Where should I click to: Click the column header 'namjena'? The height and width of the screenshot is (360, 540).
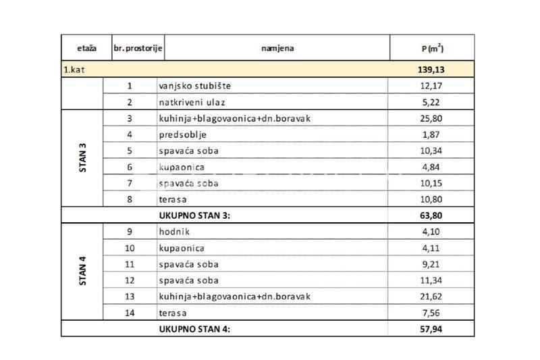(277, 48)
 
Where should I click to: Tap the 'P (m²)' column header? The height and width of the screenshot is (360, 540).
(431, 48)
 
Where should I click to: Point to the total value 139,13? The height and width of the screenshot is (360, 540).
(431, 70)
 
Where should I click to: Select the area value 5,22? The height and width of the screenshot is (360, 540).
(431, 102)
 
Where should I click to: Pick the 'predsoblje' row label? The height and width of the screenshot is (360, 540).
(178, 134)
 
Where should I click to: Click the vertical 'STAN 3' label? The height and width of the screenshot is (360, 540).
(82, 159)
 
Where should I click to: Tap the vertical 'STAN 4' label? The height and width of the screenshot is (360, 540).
(82, 272)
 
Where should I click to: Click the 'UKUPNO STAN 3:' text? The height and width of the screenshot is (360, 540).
(196, 215)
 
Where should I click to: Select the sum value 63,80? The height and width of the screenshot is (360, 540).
(431, 215)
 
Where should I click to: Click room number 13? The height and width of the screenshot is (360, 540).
(130, 297)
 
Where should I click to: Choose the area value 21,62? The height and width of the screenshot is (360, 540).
(431, 297)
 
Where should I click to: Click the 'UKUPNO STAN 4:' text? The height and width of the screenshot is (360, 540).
(196, 329)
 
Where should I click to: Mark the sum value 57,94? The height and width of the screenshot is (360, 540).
(431, 329)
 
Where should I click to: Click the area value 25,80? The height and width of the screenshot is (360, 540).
(431, 118)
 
